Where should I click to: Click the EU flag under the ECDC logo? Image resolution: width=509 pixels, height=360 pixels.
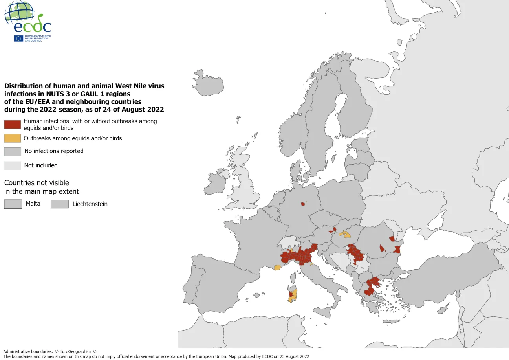[18, 38]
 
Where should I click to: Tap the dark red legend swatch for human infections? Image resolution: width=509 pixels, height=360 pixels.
[12, 124]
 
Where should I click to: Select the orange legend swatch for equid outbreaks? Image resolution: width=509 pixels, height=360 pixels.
[12, 138]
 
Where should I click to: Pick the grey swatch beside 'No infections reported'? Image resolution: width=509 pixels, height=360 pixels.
[12, 151]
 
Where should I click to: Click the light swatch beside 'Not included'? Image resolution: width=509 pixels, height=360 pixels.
[12, 165]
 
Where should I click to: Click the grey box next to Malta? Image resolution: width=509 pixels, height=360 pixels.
[13, 204]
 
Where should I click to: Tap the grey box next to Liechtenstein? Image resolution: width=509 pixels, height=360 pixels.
[59, 204]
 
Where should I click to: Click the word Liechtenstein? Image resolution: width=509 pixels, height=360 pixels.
[90, 204]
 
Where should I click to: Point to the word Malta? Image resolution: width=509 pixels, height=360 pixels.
[33, 204]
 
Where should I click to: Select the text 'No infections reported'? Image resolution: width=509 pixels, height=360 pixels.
[54, 151]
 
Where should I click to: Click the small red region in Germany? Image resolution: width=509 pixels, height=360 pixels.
[303, 204]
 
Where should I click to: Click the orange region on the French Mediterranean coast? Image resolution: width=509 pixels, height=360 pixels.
[277, 268]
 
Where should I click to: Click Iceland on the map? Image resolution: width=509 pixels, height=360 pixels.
[208, 83]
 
